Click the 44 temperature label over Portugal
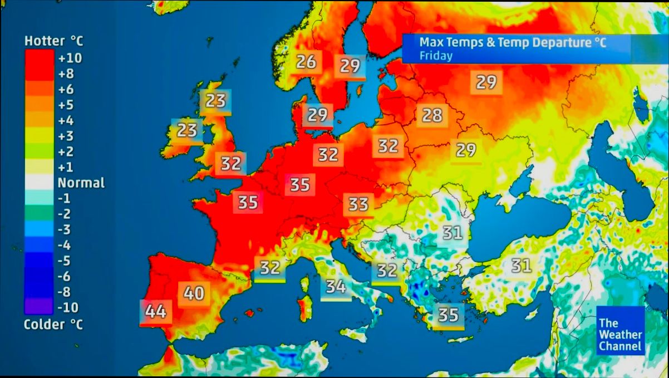click(156, 312)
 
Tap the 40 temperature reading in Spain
click(194, 292)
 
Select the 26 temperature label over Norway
click(306, 61)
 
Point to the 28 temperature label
click(432, 115)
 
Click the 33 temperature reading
click(358, 205)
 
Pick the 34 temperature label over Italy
click(336, 287)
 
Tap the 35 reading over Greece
click(449, 315)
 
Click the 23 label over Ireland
click(187, 131)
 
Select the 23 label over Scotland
click(215, 101)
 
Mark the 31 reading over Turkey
click(521, 266)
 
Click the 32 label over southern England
click(231, 164)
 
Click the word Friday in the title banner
click(436, 56)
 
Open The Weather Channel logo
click(620, 335)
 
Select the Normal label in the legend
click(81, 183)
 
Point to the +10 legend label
click(70, 58)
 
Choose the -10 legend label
click(68, 307)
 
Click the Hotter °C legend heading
click(53, 41)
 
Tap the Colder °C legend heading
click(53, 325)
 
